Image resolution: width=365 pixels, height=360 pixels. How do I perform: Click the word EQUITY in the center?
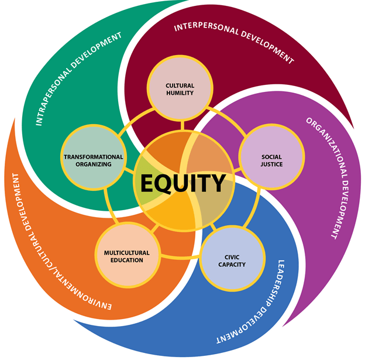pos(183,183)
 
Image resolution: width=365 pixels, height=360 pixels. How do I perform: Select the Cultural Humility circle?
pos(180,88)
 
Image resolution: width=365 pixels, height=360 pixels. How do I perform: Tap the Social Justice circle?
pos(271,157)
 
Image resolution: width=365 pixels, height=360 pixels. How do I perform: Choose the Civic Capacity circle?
pos(232,258)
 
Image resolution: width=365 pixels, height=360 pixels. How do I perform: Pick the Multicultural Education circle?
pos(128,255)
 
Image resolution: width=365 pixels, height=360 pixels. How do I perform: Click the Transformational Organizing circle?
pos(94,157)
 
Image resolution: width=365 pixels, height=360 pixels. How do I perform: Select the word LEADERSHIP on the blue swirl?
pos(277,283)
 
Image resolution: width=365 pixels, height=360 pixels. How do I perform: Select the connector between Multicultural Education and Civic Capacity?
pos(180,258)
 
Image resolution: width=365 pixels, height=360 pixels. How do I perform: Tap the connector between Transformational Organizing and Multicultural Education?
pos(109,206)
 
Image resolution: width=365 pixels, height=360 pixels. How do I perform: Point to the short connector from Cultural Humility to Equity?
pos(182,125)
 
